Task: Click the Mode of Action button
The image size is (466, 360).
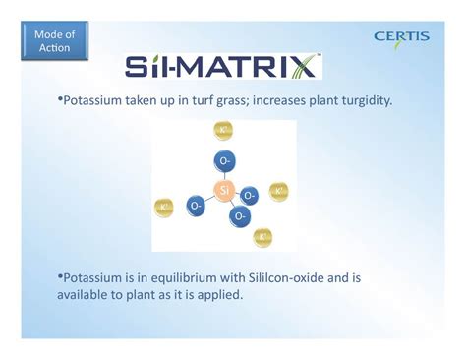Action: [53, 41]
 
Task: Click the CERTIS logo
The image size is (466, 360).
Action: [401, 37]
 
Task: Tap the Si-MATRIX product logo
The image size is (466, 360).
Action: [222, 67]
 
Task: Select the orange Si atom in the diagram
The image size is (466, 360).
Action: [224, 190]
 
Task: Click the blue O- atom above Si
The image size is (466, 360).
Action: [224, 160]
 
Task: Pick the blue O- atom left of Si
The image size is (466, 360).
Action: [197, 206]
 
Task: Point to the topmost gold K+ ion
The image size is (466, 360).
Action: [225, 131]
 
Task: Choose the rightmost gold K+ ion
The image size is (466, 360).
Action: [279, 191]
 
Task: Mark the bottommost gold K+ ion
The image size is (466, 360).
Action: [263, 237]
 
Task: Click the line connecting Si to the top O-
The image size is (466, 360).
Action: [224, 175]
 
